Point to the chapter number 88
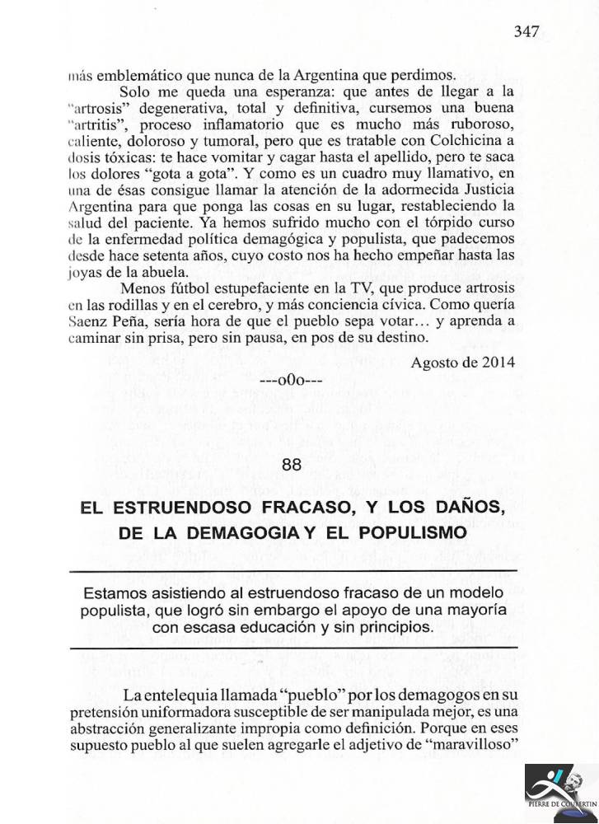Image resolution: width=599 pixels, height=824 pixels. click(x=292, y=464)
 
